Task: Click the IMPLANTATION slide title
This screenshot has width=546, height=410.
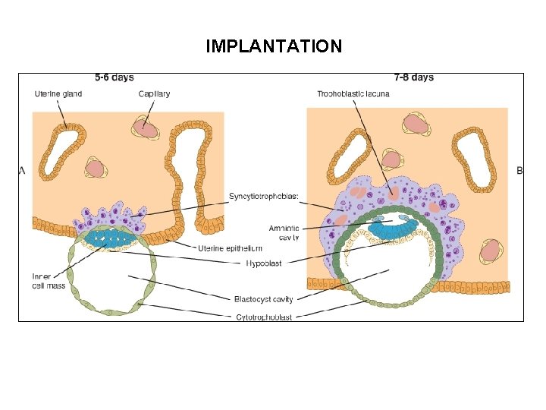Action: (x=274, y=46)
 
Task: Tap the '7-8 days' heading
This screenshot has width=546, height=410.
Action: (x=414, y=77)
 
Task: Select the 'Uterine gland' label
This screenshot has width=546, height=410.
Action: (x=58, y=94)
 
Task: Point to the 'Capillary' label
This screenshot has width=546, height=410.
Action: (x=154, y=94)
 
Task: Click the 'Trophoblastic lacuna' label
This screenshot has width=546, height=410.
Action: (x=351, y=94)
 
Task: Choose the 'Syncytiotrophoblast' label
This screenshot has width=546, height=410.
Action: (x=264, y=197)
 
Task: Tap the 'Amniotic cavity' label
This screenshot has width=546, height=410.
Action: (x=284, y=232)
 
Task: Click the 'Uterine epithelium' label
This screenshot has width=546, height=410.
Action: (x=230, y=249)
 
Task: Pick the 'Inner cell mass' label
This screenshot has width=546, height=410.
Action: (x=42, y=280)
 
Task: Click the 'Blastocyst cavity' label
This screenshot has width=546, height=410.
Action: (x=263, y=299)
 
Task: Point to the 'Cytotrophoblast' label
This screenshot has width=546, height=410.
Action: (x=263, y=317)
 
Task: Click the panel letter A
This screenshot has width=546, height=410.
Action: (x=22, y=172)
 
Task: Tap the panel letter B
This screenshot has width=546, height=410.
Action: (x=519, y=172)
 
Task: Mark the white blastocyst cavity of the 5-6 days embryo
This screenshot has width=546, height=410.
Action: (x=110, y=277)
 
